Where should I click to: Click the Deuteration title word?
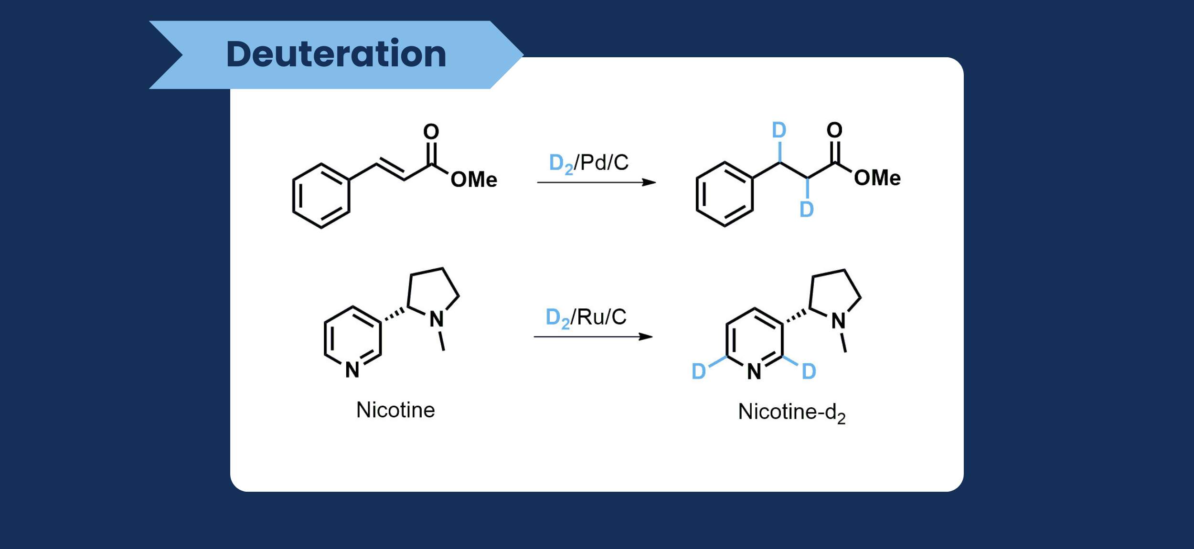pos(336,54)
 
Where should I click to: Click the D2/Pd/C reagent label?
pos(589,164)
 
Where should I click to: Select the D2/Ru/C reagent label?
pos(586,318)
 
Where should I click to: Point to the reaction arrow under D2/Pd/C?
pos(597,182)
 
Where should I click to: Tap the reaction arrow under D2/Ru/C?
pos(593,337)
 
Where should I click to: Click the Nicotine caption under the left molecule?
pos(395,410)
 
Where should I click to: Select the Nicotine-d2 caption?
pos(792,413)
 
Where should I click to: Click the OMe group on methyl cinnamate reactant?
pos(474,179)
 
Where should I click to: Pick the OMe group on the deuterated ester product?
pos(877,178)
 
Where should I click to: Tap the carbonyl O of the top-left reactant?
pos(431,131)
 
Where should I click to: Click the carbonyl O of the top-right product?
pos(835,129)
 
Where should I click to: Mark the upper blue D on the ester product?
pos(779,130)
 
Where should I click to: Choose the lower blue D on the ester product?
pos(807,209)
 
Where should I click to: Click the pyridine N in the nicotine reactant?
pos(352,370)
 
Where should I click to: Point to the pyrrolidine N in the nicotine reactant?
pos(437,319)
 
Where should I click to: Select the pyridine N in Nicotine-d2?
pos(754,371)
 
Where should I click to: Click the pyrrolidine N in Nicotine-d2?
pos(839,321)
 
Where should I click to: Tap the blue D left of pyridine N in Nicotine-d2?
pos(699,371)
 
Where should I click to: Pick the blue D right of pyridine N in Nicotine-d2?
pos(809,371)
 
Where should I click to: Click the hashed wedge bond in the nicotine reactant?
pos(394,314)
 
